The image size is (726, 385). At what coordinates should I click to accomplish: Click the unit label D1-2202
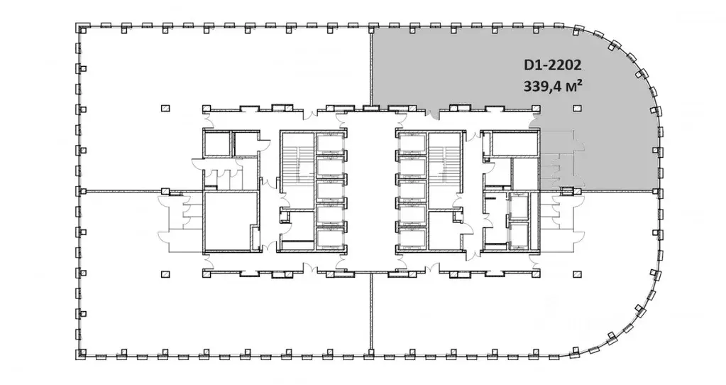552,65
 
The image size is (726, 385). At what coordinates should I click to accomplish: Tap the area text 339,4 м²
552,86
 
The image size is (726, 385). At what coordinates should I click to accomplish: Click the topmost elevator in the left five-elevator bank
330,143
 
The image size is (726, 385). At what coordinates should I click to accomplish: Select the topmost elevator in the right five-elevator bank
412,143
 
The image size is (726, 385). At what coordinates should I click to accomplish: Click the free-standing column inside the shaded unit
576,109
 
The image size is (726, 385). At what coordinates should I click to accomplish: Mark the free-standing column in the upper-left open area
165,109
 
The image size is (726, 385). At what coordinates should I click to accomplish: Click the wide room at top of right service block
515,144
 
